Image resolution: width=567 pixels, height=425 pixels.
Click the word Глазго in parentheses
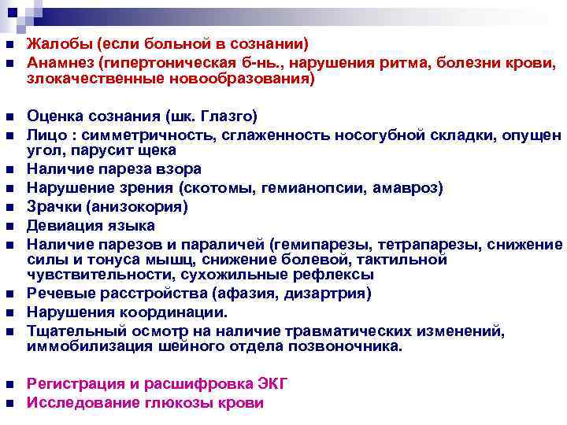click(228, 116)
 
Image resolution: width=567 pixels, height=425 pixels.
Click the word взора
click(180, 169)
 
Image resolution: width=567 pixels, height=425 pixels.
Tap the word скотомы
click(217, 187)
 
